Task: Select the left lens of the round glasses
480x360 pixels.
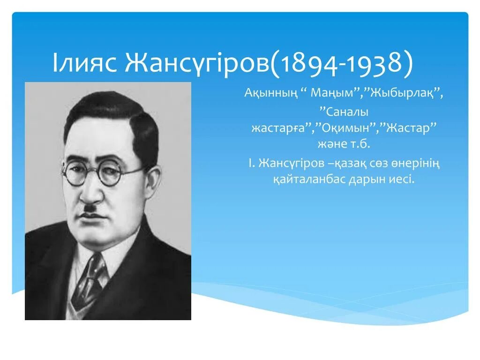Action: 75,173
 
